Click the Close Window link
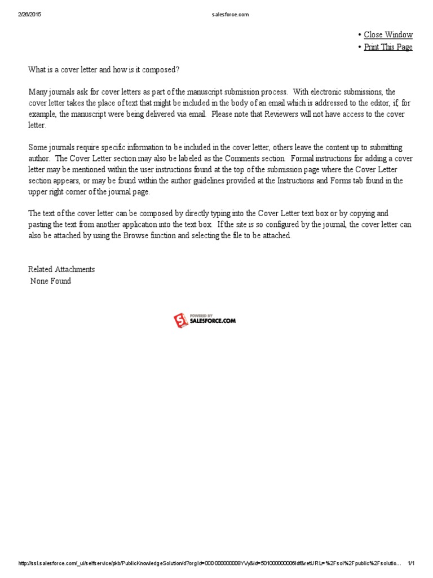click(388, 35)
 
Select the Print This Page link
click(388, 47)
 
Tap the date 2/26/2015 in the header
click(29, 15)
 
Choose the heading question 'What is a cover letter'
click(104, 69)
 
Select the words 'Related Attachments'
click(61, 269)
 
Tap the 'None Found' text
click(51, 281)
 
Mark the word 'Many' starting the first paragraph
click(38, 92)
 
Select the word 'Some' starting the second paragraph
click(38, 147)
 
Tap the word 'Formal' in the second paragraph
click(303, 158)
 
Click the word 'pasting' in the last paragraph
click(40, 225)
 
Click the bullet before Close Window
click(359, 35)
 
